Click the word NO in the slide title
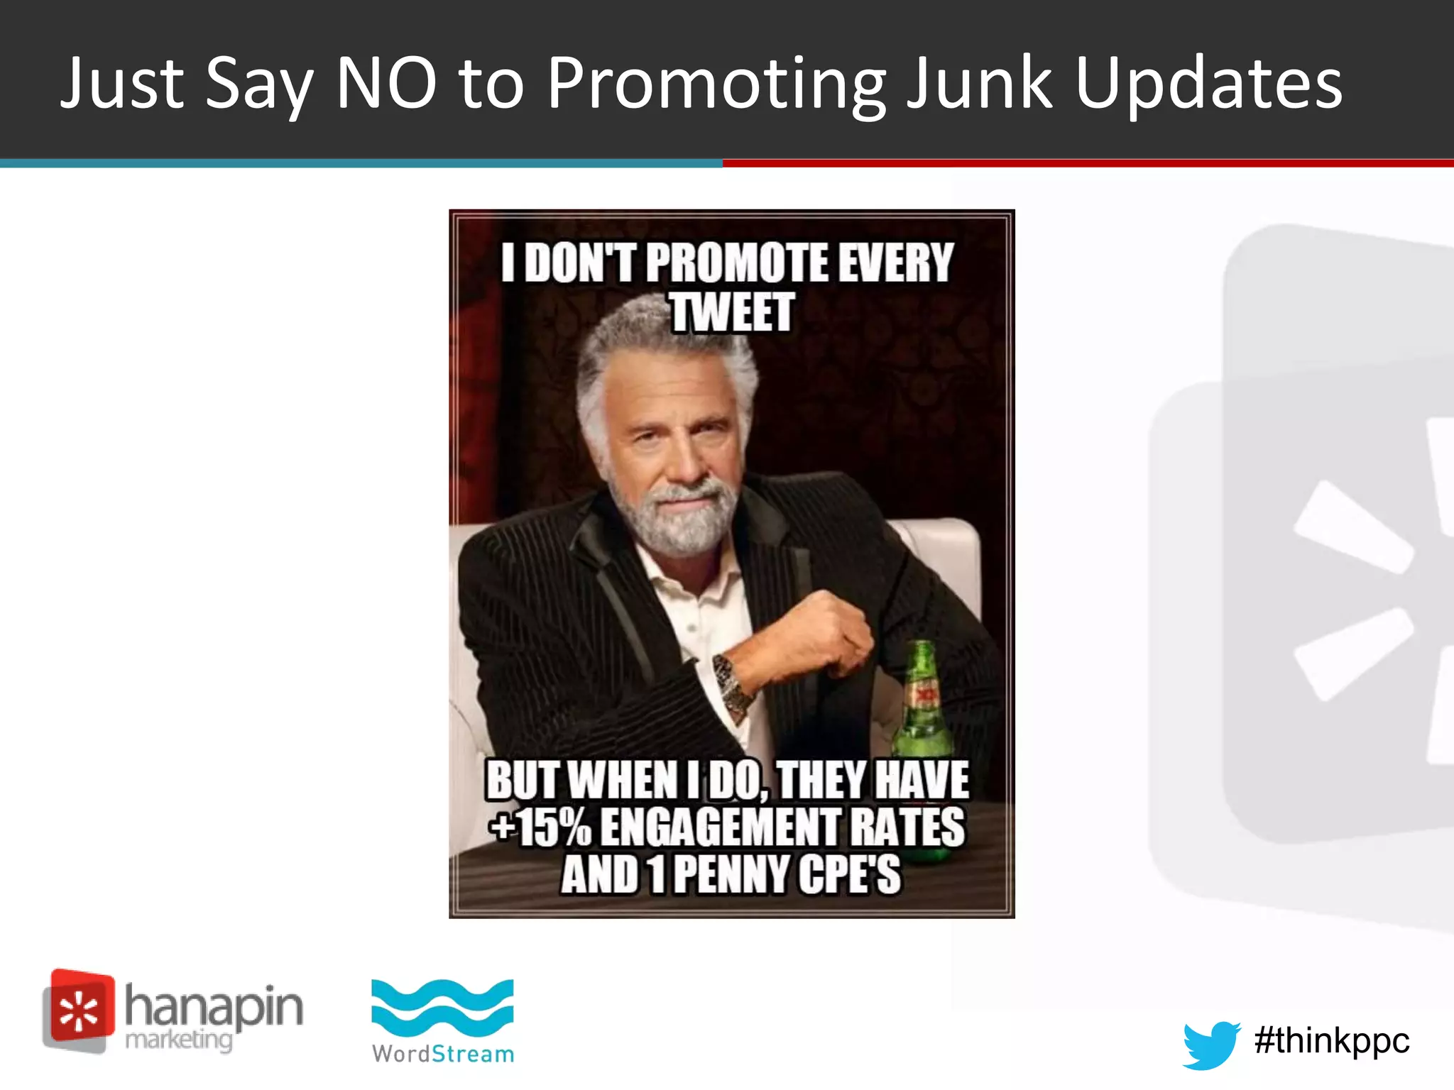[x=386, y=84]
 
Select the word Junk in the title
[x=980, y=84]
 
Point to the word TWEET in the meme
[x=732, y=312]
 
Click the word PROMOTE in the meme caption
[x=738, y=263]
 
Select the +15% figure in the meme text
[x=541, y=827]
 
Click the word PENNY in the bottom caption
[x=731, y=874]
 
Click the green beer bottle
[x=922, y=703]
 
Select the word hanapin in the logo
[x=214, y=1006]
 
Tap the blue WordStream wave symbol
[x=442, y=1008]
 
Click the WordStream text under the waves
[x=443, y=1054]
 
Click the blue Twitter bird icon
[x=1210, y=1044]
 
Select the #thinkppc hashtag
[x=1331, y=1041]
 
